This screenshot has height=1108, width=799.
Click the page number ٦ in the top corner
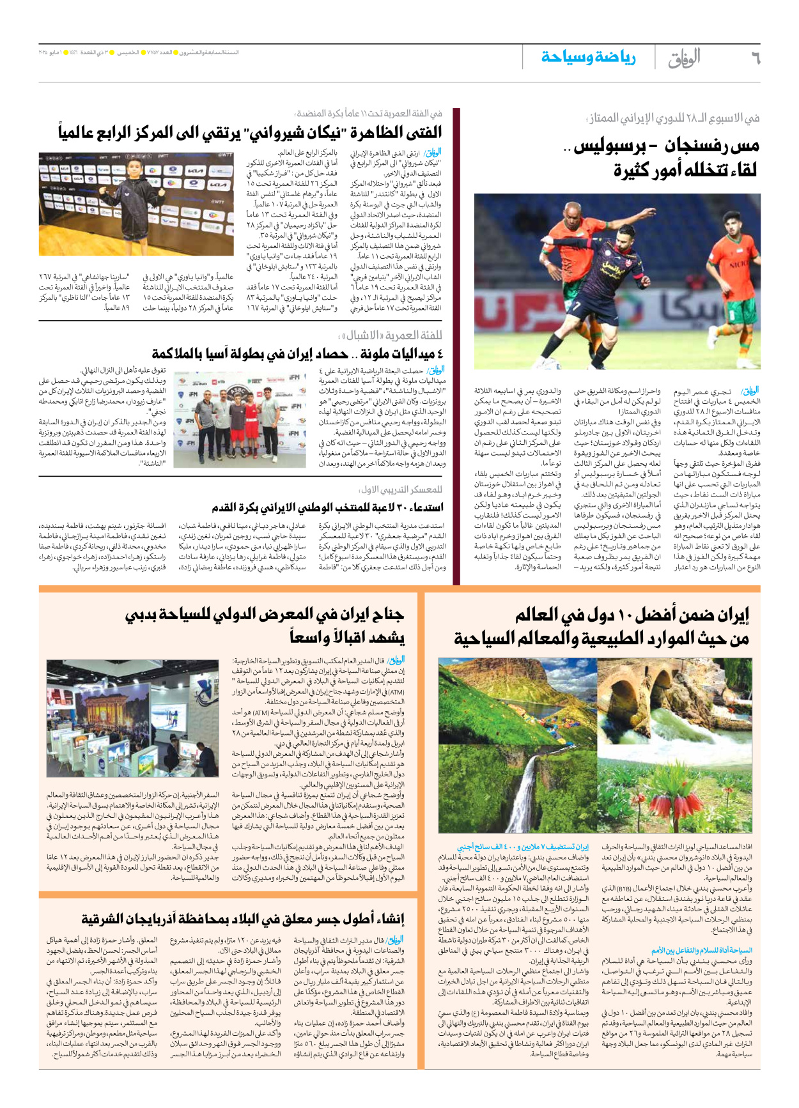(754, 58)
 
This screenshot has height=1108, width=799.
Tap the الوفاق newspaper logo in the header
(685, 58)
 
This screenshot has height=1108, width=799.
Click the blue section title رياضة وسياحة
(588, 58)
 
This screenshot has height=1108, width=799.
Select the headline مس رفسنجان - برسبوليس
(665, 146)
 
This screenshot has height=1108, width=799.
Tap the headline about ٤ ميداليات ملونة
(297, 353)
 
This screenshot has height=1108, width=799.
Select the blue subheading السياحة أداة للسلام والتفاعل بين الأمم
(702, 950)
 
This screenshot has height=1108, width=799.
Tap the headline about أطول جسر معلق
(243, 919)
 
